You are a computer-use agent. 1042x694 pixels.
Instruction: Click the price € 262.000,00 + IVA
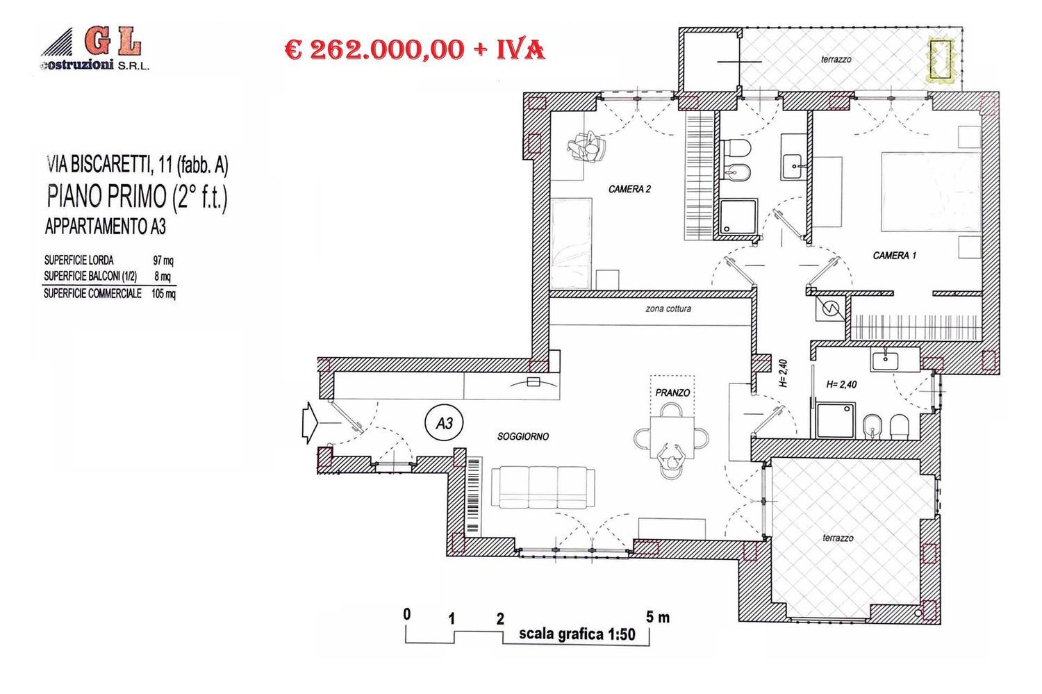click(415, 49)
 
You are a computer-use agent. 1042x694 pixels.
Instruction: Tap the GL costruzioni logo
click(94, 49)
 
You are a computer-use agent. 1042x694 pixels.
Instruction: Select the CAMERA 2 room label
click(629, 189)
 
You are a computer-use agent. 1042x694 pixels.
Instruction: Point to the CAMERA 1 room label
click(894, 256)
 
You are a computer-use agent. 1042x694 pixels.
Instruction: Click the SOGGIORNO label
click(522, 436)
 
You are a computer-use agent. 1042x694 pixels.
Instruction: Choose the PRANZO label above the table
click(672, 393)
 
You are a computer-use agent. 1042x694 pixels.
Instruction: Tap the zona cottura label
click(668, 308)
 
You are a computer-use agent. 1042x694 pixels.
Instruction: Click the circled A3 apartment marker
click(444, 422)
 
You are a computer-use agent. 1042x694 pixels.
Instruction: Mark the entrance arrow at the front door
click(309, 423)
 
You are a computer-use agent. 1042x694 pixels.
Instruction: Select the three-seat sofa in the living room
click(543, 487)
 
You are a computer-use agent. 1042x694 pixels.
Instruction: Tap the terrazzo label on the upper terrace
click(836, 60)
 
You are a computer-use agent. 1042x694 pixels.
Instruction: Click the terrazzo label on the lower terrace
click(837, 538)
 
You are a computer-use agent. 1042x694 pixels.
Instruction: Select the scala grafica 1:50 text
click(577, 634)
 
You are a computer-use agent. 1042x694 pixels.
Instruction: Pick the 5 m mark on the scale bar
click(657, 616)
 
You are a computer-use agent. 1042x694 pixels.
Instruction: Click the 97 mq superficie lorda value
click(163, 261)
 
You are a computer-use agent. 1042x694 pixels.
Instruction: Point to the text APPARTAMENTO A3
click(105, 226)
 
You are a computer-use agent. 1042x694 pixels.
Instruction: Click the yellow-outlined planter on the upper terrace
click(941, 58)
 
